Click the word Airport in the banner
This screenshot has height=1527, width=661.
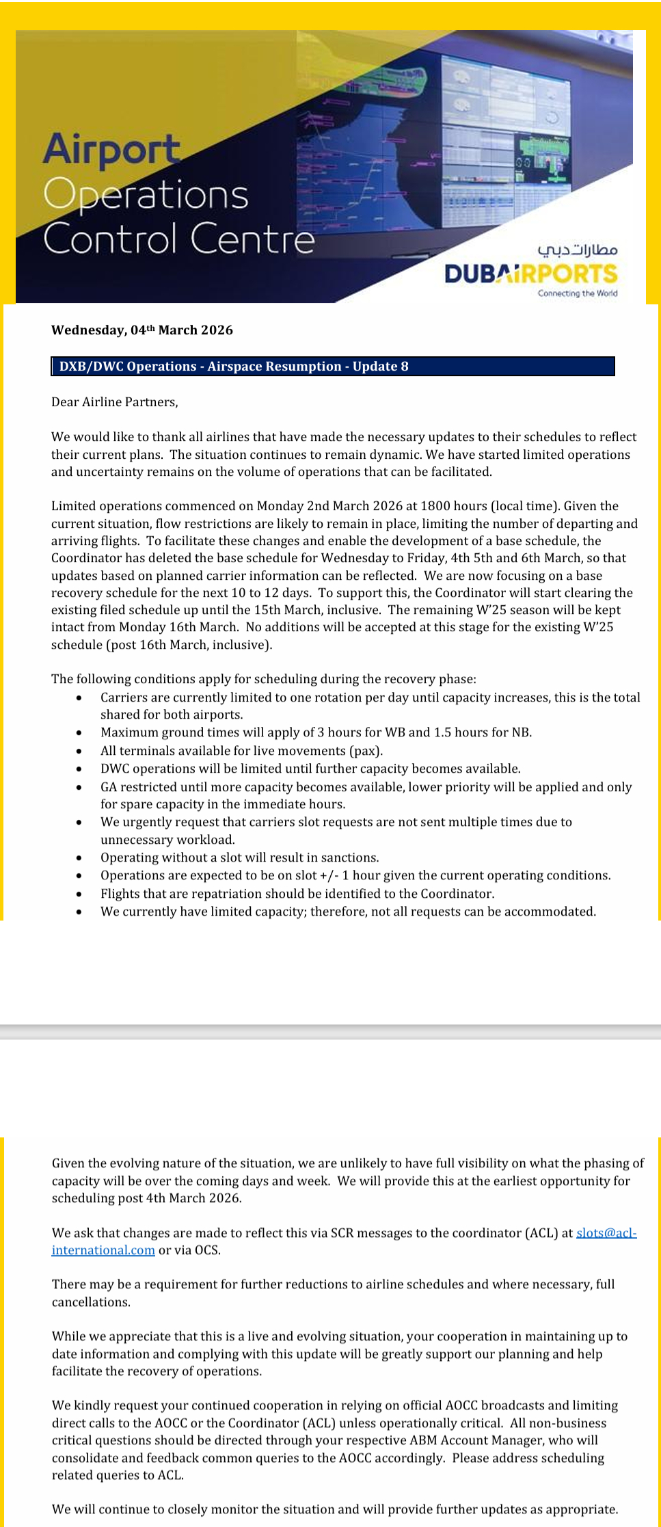coord(111,150)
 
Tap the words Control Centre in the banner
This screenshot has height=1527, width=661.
coord(178,239)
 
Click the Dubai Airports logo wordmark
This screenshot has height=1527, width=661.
coord(530,274)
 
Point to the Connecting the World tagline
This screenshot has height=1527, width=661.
coord(577,293)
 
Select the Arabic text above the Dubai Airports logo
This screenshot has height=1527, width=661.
coord(577,250)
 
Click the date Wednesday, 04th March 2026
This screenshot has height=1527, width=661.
coord(142,330)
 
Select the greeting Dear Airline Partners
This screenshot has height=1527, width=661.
coord(114,402)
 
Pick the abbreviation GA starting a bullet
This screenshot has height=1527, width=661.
coord(109,787)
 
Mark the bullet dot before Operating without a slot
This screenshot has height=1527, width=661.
coord(80,858)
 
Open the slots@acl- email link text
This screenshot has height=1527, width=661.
coord(606,1233)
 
